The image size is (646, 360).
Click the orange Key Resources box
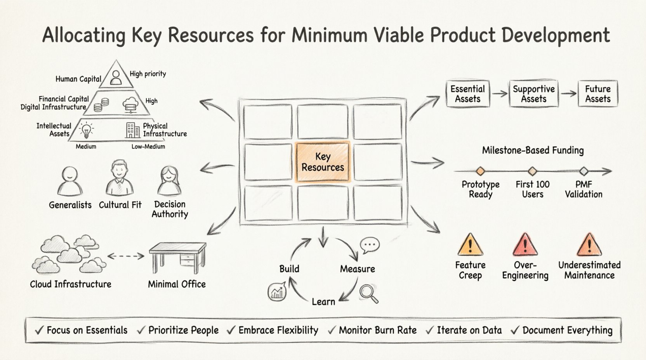pos(323,162)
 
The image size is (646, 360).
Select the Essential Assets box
pos(467,94)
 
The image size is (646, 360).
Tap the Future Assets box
pos(597,94)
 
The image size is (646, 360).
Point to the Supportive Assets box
pos(533,94)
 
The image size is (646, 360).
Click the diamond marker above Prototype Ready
pos(480,171)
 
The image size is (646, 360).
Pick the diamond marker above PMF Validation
pos(583,171)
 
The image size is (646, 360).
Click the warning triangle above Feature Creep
pos(470,246)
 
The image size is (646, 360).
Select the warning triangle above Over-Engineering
pos(525,246)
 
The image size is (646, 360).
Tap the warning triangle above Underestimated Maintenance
pos(589,246)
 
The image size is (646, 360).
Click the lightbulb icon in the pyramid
pos(86,131)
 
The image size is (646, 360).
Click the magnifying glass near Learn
pos(368,293)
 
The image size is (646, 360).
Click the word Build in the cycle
pos(289,269)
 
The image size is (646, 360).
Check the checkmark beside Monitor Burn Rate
pos(332,331)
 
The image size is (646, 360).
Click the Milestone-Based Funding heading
pos(533,151)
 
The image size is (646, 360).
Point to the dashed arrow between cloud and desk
pos(125,256)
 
